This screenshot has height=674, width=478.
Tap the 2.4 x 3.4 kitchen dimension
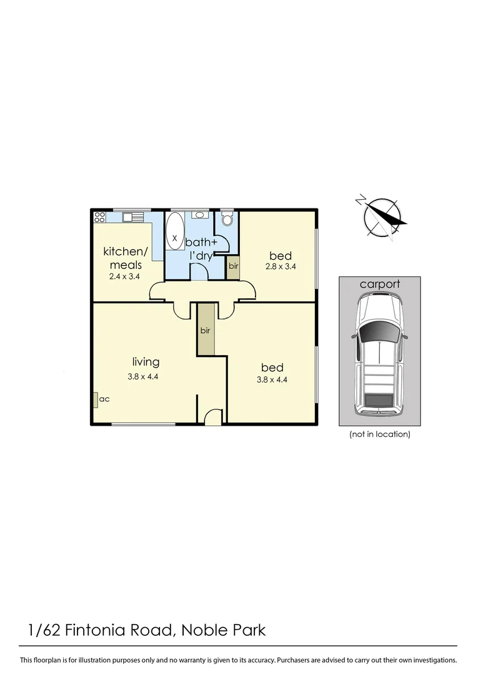[x=125, y=276]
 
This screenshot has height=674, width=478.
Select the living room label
[x=146, y=362]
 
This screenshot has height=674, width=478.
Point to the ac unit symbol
[x=95, y=399]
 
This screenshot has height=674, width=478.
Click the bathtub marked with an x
[x=174, y=233]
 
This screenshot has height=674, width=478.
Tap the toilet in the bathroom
[x=227, y=220]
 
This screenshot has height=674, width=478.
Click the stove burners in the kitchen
[x=99, y=217]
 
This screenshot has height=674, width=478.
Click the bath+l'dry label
[x=201, y=248]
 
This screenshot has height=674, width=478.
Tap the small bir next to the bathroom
[x=232, y=266]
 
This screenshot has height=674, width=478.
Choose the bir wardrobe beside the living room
[x=205, y=330]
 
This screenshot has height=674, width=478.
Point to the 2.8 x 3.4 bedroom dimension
[x=280, y=266]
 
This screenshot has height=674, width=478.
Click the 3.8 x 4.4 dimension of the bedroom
[x=272, y=378]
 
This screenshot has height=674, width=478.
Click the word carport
[x=379, y=285]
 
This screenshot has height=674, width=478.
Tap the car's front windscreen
[x=379, y=331]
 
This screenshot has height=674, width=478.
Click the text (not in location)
[x=379, y=434]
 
